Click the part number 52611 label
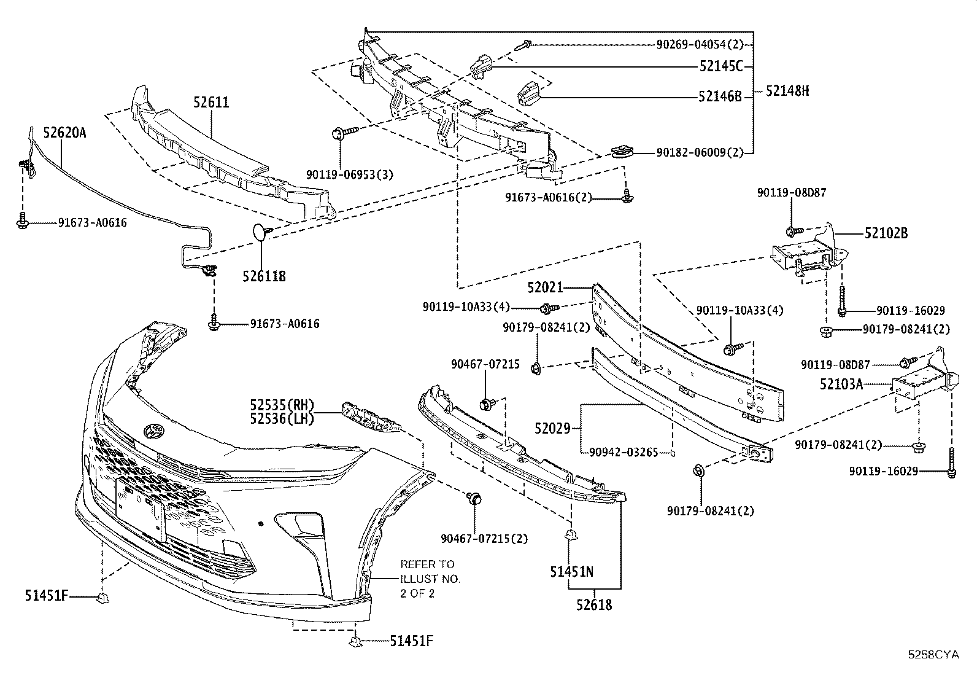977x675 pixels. (211, 103)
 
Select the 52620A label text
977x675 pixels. (64, 132)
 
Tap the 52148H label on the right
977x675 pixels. (787, 92)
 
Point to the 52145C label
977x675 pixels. (720, 66)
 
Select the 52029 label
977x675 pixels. (552, 428)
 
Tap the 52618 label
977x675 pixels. (594, 605)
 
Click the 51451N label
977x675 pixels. (571, 572)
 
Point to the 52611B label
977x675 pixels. (264, 276)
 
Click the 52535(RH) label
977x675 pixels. (282, 405)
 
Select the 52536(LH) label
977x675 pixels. (282, 419)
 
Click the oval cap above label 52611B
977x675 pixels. (261, 232)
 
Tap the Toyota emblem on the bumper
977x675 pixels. (153, 431)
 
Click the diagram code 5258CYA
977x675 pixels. (933, 655)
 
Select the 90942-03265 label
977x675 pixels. (623, 453)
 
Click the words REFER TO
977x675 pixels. (427, 564)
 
